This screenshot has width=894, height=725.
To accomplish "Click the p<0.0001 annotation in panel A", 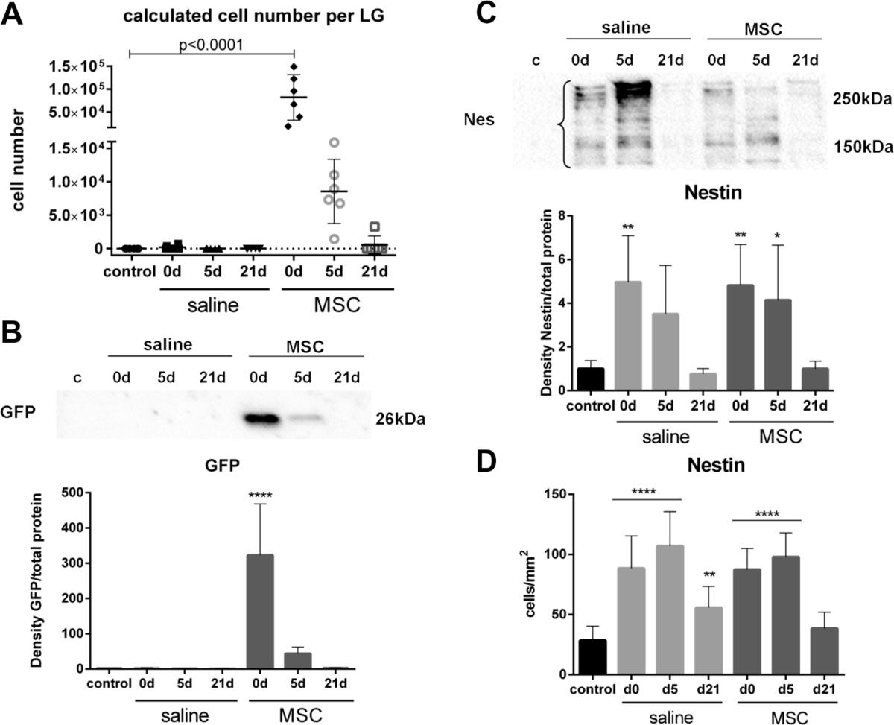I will (x=212, y=43).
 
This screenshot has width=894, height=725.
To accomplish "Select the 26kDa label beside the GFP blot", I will (x=399, y=420).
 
